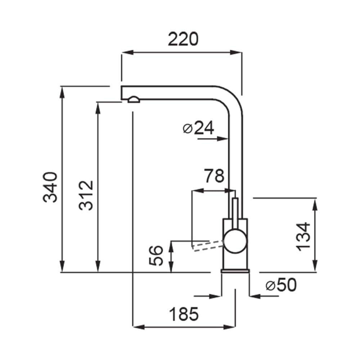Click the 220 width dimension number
[183, 39]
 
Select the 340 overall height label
[50, 187]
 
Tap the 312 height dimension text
[86, 195]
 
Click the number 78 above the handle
[214, 176]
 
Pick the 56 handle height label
[156, 256]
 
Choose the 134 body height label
[303, 237]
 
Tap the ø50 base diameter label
[281, 285]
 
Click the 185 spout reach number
[184, 314]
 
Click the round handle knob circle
[235, 241]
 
